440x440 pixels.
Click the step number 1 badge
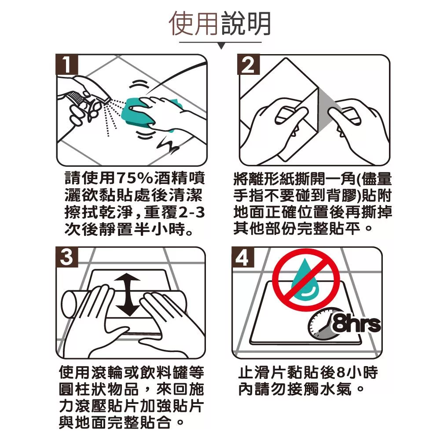67,65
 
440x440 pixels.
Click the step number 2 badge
248,65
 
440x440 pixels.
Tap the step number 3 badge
67,257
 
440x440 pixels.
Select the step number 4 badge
243,257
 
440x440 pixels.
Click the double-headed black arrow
128,295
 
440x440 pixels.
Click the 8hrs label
356,325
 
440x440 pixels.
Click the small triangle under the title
221,46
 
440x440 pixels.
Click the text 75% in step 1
135,178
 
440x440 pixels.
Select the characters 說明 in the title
246,24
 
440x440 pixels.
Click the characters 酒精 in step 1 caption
170,178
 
